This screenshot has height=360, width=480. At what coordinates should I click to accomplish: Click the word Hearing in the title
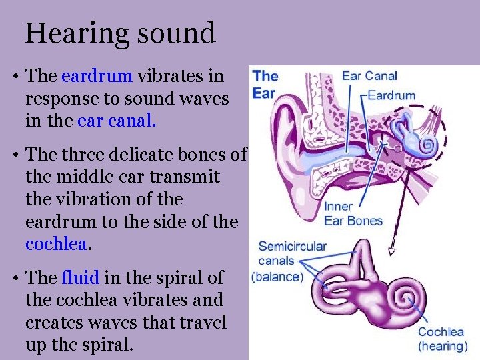click(x=69, y=33)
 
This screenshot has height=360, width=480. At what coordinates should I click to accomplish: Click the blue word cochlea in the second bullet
click(x=56, y=244)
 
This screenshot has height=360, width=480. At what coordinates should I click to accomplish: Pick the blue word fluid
click(x=79, y=277)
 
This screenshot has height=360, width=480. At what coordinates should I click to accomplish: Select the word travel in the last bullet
click(x=205, y=323)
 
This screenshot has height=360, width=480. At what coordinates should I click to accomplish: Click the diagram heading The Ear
click(x=265, y=84)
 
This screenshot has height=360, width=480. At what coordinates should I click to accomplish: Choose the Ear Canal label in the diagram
click(x=369, y=76)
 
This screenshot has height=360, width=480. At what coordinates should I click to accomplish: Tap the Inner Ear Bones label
click(x=353, y=213)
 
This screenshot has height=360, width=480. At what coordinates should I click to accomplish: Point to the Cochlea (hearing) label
click(x=440, y=339)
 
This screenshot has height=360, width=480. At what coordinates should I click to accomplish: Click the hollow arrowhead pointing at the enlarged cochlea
click(x=392, y=251)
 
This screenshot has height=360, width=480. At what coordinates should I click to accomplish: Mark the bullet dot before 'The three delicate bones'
click(x=15, y=155)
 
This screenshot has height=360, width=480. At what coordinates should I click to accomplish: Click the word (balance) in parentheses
click(x=277, y=277)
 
